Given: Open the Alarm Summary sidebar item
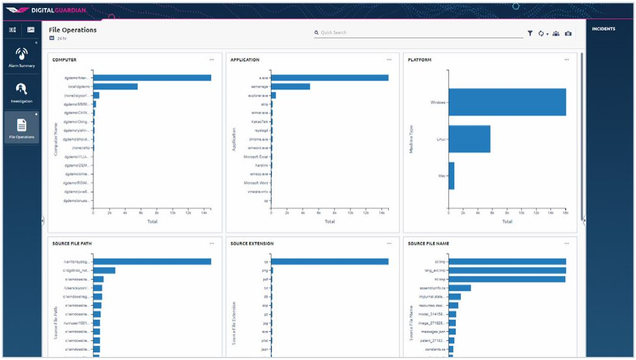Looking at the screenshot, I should pos(22,57).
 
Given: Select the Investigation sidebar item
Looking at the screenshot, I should pos(22,92).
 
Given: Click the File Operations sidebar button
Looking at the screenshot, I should pos(22,127).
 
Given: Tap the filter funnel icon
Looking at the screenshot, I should pos(530,34).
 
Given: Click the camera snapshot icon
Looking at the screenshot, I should pos(568,34).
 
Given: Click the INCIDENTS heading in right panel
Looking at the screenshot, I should pos(603,29).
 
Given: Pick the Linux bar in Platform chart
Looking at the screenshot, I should pos(470,139).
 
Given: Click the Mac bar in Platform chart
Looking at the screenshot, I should pos(452,176).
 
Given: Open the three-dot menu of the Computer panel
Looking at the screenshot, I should pos(212,60).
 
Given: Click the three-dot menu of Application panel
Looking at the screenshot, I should pos(389,60).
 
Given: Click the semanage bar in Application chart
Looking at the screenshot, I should pos(290,86).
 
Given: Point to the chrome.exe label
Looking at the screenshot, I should pos(259,139).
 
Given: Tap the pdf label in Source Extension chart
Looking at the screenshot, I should pos(265,279).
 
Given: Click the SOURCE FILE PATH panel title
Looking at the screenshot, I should pos(72,243).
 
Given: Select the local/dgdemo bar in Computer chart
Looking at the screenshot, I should pos(116,86).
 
